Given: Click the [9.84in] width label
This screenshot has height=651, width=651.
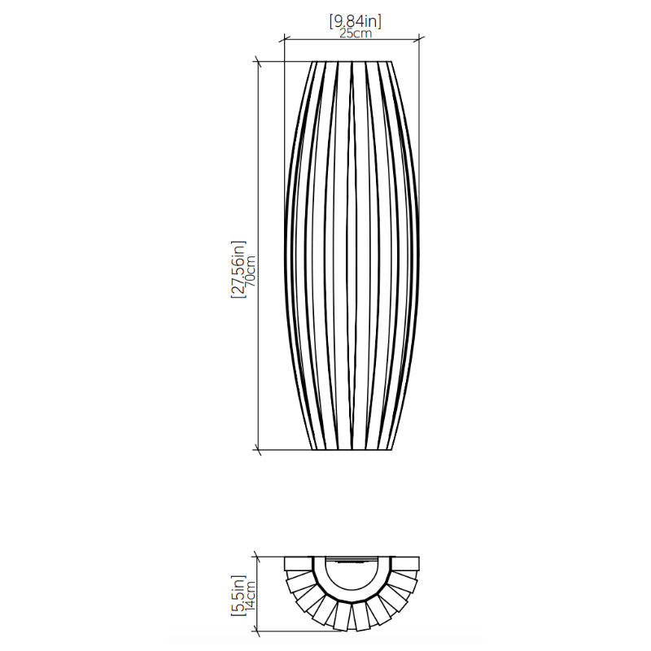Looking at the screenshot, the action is tap(355, 21).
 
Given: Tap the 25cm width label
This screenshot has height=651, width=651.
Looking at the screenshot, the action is tap(356, 33).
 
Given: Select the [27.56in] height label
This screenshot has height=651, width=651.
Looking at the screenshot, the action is tap(238, 269).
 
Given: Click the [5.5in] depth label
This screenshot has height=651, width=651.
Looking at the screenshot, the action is tap(238, 596).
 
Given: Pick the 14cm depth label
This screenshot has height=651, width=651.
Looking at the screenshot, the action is tap(251, 596).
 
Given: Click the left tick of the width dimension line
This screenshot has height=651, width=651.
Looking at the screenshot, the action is tap(284, 39).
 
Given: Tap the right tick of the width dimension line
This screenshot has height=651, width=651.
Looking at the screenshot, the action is tap(419, 39).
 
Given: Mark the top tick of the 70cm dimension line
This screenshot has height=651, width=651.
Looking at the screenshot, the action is tap(258, 62).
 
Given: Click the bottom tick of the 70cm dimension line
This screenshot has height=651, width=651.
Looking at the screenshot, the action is tap(258, 450).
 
